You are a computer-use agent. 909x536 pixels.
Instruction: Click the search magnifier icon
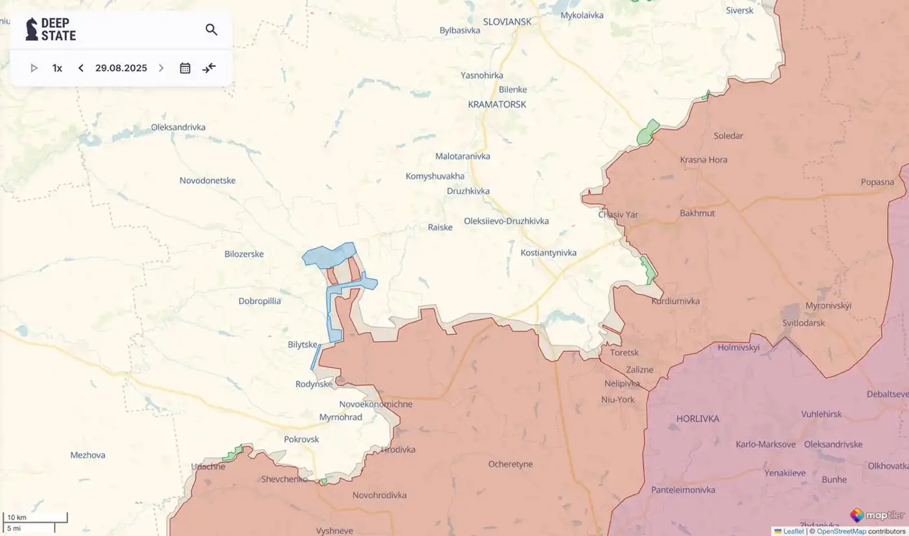tap(211, 30)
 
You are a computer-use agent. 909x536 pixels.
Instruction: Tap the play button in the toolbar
tap(34, 68)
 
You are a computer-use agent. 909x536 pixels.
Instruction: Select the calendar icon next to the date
tap(185, 68)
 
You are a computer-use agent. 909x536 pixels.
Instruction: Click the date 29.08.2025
tap(121, 68)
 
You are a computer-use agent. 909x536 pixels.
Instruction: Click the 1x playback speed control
tap(57, 68)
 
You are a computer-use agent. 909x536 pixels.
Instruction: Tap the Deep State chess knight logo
tap(31, 29)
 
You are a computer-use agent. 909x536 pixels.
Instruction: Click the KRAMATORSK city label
tap(497, 104)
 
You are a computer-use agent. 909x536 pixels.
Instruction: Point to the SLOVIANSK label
tap(507, 21)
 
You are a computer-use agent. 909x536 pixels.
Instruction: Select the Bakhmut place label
tap(697, 213)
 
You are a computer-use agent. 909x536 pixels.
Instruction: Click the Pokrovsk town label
tap(301, 439)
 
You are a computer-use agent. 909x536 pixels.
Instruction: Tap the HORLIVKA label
tap(697, 418)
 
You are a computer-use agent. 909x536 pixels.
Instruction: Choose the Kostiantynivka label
tap(548, 253)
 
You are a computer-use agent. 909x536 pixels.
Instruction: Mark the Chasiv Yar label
tap(618, 214)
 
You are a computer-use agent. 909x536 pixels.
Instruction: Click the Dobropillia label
tap(260, 301)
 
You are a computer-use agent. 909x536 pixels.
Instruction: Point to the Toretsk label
tap(624, 353)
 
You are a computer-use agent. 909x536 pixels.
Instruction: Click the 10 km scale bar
tap(35, 518)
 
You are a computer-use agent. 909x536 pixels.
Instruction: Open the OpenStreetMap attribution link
tap(841, 531)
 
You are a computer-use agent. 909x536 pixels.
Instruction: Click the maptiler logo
tap(877, 515)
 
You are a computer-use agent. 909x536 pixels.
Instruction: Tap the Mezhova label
tap(88, 455)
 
